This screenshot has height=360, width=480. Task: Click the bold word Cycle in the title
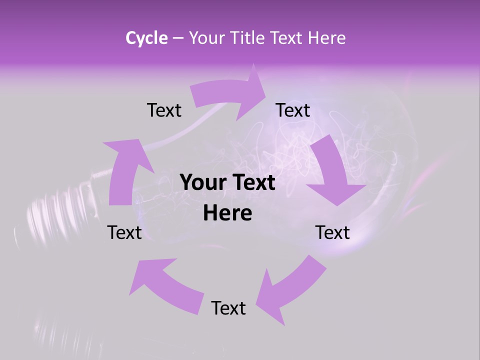coord(146,38)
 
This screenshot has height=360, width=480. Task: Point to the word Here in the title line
coord(326,38)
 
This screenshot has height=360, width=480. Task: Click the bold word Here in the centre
coord(227,213)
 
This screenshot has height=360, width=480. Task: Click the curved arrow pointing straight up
coord(125,170)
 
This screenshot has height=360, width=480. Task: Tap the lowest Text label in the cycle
coord(228,308)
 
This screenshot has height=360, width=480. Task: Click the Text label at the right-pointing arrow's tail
coord(164,110)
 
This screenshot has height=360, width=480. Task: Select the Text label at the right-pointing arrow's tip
coord(293,110)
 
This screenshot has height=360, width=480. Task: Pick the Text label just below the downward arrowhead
coord(332,232)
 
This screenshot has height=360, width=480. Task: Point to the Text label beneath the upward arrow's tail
coord(124,232)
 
